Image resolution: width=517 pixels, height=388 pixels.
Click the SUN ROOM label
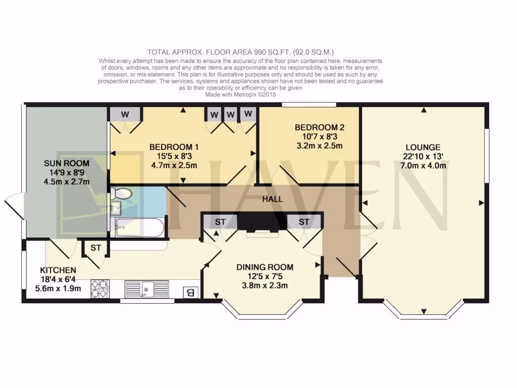66,163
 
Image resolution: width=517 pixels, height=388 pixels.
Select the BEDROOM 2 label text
319,128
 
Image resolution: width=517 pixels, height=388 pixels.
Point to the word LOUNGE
424,147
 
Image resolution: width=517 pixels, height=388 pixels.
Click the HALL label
272,199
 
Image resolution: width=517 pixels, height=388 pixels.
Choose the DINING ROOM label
265,267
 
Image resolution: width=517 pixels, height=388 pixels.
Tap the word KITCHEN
58,270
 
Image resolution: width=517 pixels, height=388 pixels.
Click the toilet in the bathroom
122,193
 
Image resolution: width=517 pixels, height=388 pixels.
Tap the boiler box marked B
190,292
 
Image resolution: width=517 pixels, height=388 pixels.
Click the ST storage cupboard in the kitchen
96,248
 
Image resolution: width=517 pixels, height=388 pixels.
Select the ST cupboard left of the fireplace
220,222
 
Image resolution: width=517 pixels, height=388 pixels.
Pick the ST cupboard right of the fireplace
303,222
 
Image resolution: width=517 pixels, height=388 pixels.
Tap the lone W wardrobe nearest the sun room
125,115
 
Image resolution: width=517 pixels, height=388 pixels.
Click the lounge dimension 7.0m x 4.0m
424,166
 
